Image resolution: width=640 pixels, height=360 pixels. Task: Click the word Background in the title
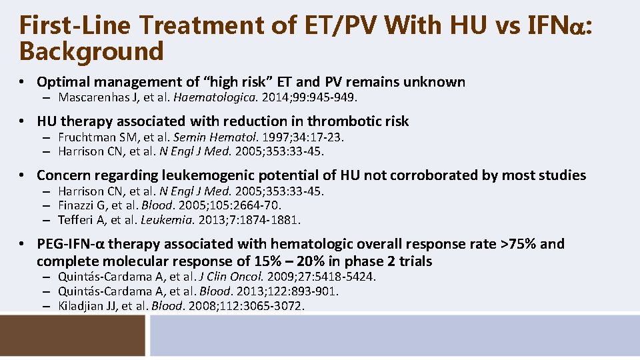[91, 50]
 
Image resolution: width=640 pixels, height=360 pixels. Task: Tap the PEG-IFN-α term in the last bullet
[71, 244]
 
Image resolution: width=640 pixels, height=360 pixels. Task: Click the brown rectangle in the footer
[72, 335]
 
